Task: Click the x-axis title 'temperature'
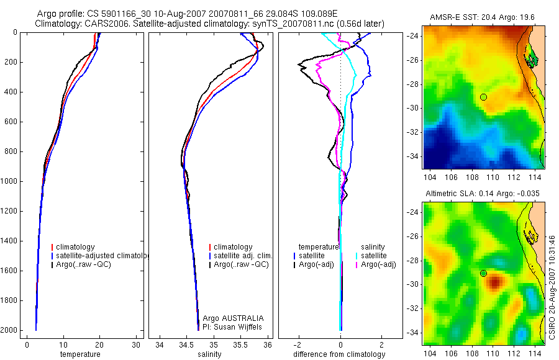click(x=80, y=354)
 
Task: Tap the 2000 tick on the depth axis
click(x=10, y=330)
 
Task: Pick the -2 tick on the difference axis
click(x=299, y=345)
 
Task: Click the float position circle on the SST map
click(x=483, y=97)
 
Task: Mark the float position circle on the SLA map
click(x=483, y=273)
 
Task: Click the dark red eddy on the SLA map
click(x=494, y=283)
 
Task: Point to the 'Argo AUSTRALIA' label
click(x=229, y=318)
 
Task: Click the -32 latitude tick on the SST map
click(x=413, y=132)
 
